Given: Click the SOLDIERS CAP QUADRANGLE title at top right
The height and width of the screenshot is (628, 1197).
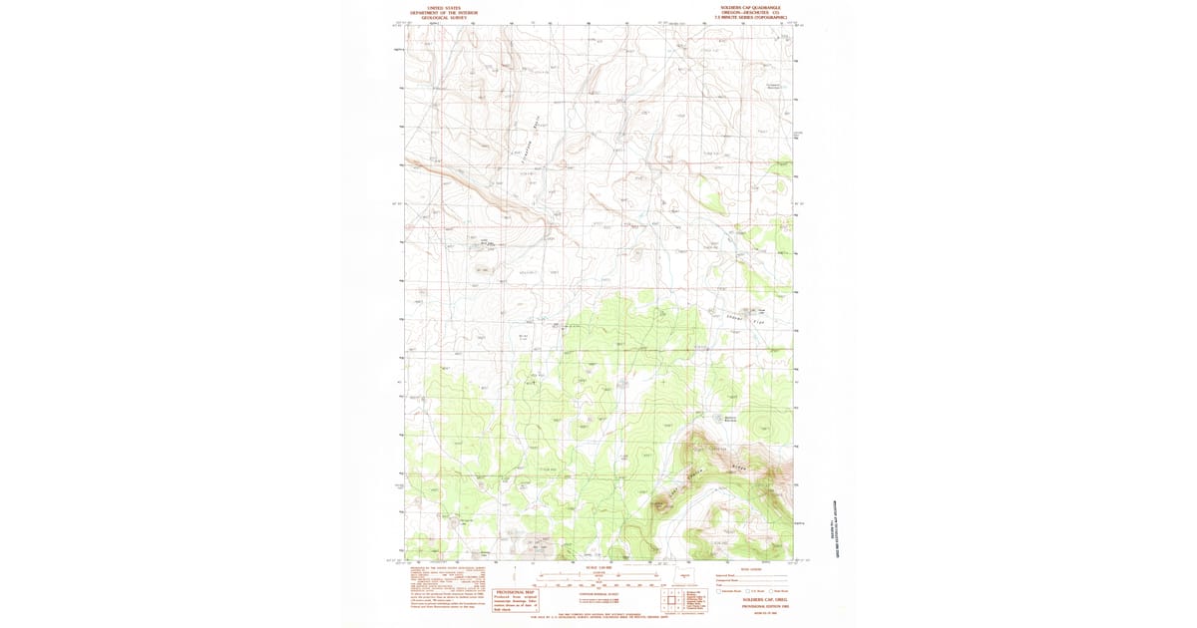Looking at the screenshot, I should (750, 6).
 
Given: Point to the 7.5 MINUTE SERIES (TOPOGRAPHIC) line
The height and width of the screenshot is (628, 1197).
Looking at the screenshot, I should (750, 17).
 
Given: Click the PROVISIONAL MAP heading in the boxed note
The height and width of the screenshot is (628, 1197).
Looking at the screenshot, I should (516, 592).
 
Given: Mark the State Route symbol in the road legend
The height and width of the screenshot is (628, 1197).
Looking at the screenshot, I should (769, 591).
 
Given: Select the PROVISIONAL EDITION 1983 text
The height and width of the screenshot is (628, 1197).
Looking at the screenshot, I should (751, 605).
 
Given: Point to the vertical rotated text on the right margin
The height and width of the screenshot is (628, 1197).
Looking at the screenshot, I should (835, 529).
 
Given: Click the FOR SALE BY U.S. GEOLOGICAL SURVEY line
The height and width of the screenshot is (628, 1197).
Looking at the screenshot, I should (598, 618).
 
